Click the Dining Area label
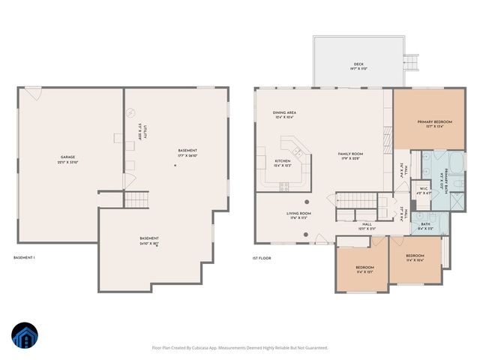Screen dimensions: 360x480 tap(284, 115)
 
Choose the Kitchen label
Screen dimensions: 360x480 tap(282, 163)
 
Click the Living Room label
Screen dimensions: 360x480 tap(298, 215)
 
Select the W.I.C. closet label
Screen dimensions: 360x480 tap(424, 190)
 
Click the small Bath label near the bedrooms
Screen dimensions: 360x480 tap(425, 225)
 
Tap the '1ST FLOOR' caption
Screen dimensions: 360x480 tap(261, 258)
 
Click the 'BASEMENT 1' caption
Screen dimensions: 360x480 tap(25, 258)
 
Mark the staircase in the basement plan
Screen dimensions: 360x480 tap(136, 199)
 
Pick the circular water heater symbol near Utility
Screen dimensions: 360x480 tap(131, 112)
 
